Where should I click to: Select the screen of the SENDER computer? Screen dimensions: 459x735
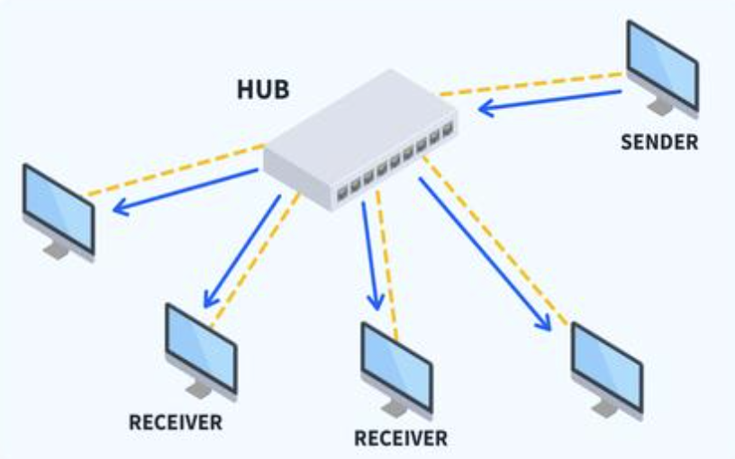pos(661,62)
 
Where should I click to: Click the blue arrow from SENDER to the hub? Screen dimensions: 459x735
pos(549,100)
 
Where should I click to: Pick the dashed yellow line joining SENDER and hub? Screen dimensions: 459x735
pos(531,83)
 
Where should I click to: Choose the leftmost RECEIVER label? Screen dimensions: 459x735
pos(175,423)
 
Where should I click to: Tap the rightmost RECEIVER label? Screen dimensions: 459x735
pos(400,439)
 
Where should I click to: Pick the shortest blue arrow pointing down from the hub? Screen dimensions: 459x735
pos(369,256)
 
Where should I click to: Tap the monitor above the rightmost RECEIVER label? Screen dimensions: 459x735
pos(396,364)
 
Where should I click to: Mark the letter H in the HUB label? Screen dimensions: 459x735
pos(243,91)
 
